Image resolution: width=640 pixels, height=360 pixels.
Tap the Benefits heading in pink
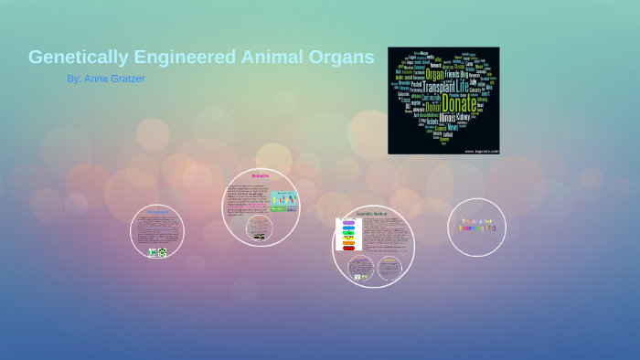[261, 175]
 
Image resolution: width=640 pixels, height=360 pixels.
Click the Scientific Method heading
[373, 213]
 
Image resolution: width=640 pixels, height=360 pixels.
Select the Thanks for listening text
[477, 224]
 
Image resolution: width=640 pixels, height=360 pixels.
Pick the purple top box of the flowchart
[348, 222]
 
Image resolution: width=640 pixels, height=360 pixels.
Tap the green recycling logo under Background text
[162, 252]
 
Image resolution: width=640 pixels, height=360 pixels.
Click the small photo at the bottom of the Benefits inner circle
[259, 237]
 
